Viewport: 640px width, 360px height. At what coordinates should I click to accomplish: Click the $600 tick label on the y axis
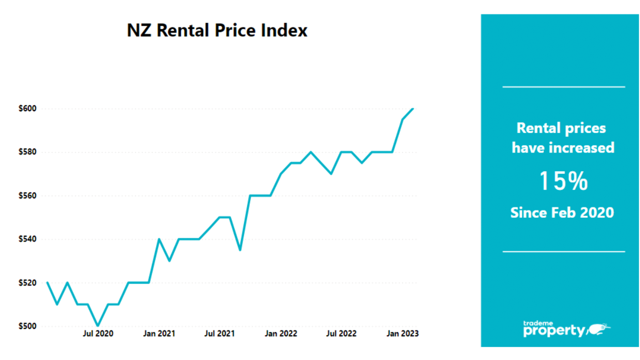click(27, 109)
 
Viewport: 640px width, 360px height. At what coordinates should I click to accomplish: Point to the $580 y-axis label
click(27, 152)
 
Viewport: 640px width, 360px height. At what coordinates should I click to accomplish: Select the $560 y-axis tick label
click(27, 196)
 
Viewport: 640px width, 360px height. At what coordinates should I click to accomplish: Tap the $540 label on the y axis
click(27, 239)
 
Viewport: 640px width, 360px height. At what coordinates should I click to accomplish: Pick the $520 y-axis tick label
click(27, 283)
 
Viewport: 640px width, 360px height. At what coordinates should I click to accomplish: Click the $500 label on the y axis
click(27, 326)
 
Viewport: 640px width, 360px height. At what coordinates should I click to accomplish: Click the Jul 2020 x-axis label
click(98, 334)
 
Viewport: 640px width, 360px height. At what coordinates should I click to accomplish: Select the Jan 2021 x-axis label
click(159, 334)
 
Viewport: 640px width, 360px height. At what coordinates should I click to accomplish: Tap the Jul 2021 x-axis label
click(219, 334)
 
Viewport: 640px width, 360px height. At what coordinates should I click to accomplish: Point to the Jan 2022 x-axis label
click(281, 334)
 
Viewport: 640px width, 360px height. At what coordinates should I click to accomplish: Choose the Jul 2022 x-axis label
click(341, 334)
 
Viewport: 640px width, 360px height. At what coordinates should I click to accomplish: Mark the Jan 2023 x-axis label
click(402, 334)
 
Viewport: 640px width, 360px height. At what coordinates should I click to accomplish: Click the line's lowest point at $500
click(98, 325)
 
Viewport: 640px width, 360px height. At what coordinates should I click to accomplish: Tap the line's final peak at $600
click(413, 109)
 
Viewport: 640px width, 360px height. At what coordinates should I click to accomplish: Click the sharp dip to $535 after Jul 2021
click(240, 250)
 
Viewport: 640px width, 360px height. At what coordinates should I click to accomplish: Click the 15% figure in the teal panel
click(563, 181)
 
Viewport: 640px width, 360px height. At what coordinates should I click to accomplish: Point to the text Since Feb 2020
click(562, 213)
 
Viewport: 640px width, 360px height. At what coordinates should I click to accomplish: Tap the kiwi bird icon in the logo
click(599, 329)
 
